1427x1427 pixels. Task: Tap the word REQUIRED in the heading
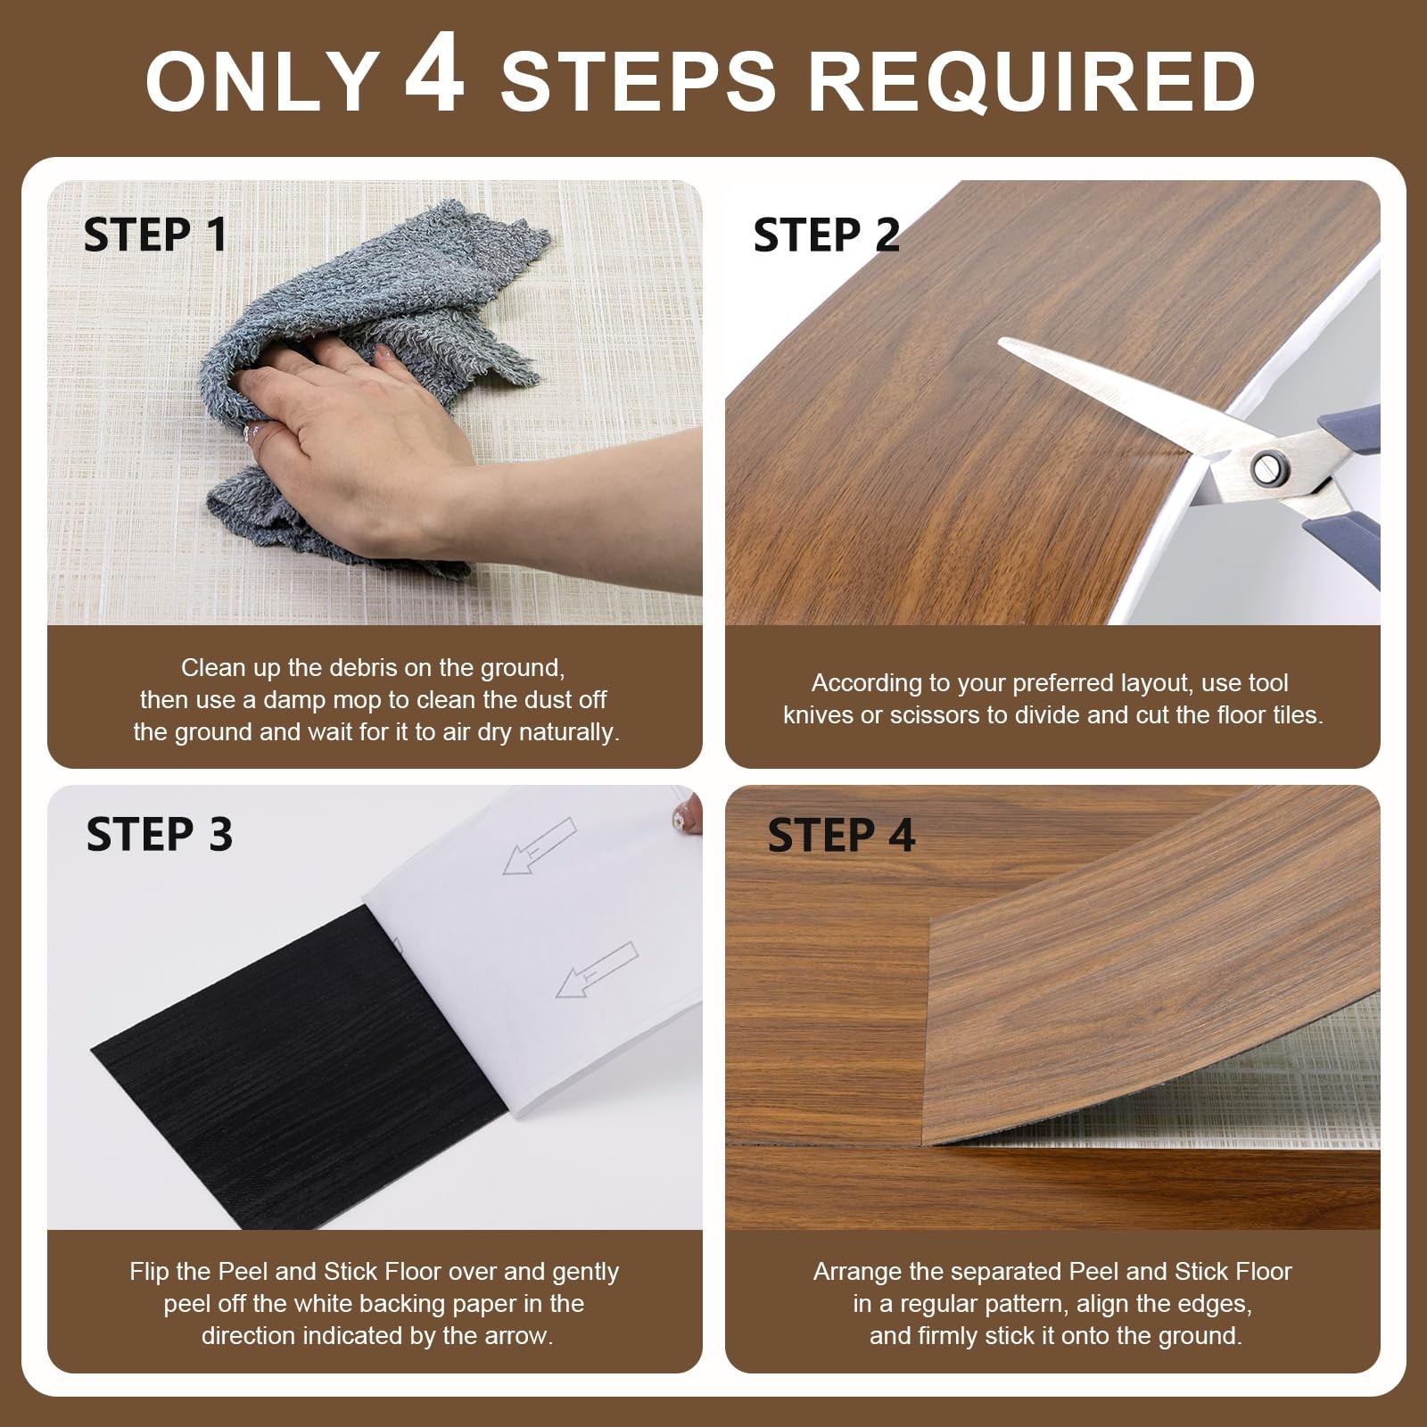point(1032,81)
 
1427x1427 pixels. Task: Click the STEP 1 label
point(155,235)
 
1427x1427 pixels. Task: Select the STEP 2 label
point(827,235)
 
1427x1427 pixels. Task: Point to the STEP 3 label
point(160,835)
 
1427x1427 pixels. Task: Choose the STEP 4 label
point(841,835)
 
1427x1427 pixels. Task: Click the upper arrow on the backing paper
point(540,846)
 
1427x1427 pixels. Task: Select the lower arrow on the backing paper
point(597,969)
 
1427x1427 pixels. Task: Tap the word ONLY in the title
point(263,81)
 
